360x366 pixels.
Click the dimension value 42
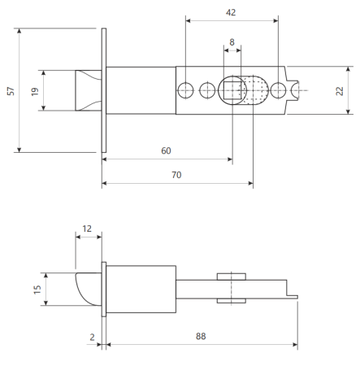pyautogui.click(x=231, y=12)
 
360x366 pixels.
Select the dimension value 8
pyautogui.click(x=232, y=42)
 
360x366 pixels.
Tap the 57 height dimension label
pyautogui.click(x=11, y=91)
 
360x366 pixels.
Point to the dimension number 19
pyautogui.click(x=35, y=91)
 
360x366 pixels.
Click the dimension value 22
pyautogui.click(x=340, y=91)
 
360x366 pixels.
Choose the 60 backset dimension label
pyautogui.click(x=166, y=150)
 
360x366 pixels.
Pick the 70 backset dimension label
pyautogui.click(x=176, y=175)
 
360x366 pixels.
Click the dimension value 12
pyautogui.click(x=87, y=229)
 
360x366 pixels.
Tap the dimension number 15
pyautogui.click(x=37, y=290)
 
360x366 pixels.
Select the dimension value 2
pyautogui.click(x=92, y=337)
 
